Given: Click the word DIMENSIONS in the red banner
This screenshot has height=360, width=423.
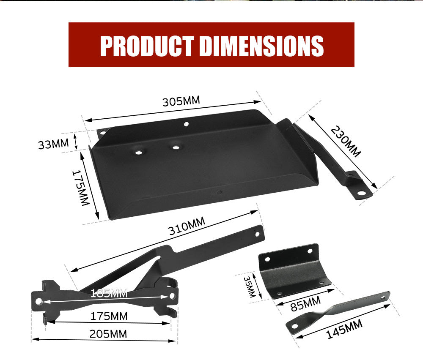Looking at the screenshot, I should point(261,45).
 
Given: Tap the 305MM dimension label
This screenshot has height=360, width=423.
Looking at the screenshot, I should point(181,101).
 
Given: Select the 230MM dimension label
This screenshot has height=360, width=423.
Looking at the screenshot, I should point(346,142).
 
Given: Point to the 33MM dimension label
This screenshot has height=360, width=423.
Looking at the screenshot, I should point(53,144).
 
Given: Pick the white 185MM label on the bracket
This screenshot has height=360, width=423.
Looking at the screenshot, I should point(109,293).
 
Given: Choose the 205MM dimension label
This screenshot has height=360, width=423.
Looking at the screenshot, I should point(108,334).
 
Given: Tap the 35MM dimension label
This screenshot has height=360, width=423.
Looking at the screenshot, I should point(250,287).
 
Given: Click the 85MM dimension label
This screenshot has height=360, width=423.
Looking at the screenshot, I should point(304,303).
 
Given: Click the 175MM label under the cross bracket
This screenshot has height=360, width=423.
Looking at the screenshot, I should point(109,316).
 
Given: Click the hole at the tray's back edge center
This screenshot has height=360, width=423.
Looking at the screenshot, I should point(186,124).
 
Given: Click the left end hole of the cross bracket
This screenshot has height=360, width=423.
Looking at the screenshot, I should point(38,301).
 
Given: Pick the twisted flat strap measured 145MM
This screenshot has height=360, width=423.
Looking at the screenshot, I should point(338,312).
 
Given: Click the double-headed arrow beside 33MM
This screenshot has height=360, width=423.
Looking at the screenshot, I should point(75,141).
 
